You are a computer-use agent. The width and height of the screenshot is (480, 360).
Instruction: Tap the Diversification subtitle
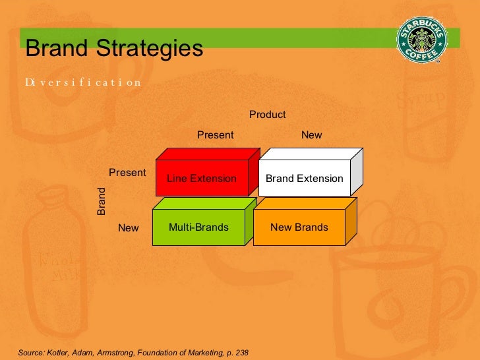coord(83,82)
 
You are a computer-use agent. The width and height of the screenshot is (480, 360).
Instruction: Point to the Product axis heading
coord(267,115)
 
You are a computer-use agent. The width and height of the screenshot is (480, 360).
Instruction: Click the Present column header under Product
coord(216,135)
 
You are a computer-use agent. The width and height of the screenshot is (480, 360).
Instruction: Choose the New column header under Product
coord(311,135)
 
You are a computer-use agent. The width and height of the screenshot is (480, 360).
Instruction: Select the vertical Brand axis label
coord(102,202)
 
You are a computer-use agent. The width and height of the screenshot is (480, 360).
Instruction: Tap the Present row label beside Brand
coord(127,173)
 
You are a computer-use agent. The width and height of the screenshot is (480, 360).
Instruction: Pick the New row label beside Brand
coord(129,228)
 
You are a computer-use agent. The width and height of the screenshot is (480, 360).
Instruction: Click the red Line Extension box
coord(202,178)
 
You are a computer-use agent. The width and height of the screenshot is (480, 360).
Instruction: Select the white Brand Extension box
coord(304,178)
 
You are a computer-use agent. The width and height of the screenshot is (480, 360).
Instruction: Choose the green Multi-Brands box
coord(198,227)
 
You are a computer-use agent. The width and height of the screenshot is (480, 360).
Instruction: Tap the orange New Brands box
coord(299,227)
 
